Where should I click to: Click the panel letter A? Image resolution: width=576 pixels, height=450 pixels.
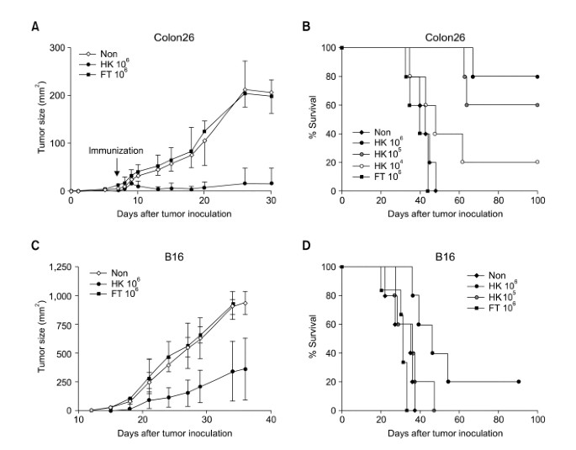click(35, 26)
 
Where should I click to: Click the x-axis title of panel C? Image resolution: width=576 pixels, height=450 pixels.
click(173, 431)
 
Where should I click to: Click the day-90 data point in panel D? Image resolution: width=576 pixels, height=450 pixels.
click(519, 382)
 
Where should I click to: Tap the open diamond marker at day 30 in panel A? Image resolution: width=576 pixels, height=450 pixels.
click(271, 93)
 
